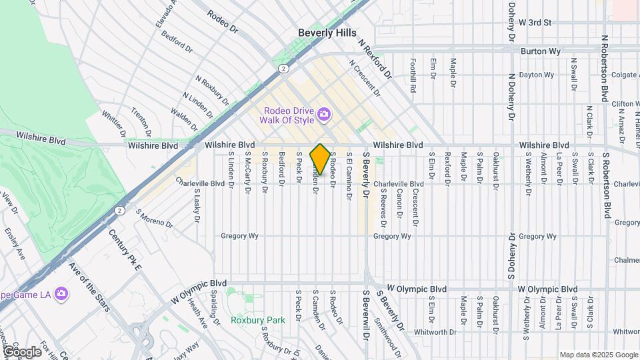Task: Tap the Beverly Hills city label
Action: coord(327,33)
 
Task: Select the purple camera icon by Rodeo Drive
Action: coord(324,115)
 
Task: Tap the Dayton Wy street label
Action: coord(537,75)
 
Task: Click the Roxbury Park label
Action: coord(257,319)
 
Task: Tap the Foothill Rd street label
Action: coord(413,74)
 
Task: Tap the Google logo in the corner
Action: coord(22,351)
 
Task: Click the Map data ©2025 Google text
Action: coord(598,355)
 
